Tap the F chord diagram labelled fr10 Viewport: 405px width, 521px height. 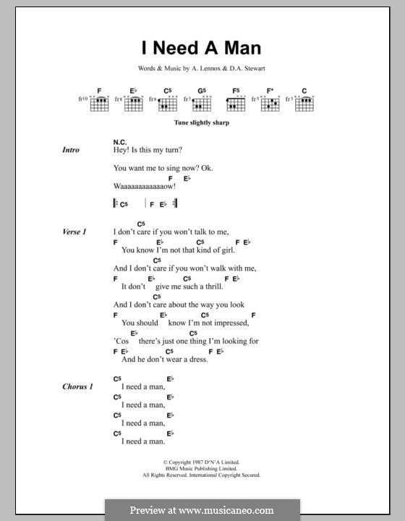(x=99, y=103)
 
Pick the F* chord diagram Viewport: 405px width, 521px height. (x=270, y=103)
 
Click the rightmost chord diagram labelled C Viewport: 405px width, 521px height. (x=304, y=103)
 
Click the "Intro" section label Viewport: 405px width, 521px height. (x=71, y=150)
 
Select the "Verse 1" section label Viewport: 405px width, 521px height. (x=74, y=232)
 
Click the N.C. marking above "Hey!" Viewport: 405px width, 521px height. (x=120, y=141)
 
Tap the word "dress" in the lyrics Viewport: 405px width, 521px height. (x=197, y=359)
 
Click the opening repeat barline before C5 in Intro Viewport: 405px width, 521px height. (x=116, y=205)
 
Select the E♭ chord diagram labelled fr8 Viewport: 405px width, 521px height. (x=133, y=103)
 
